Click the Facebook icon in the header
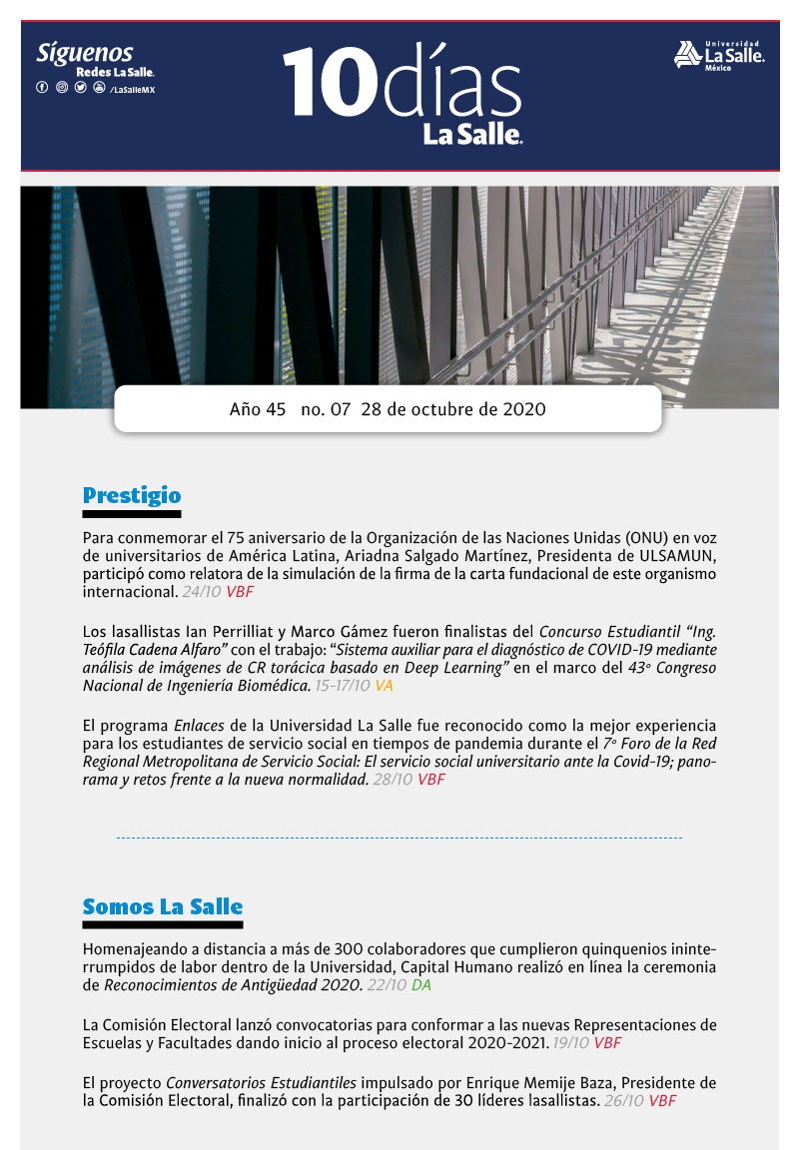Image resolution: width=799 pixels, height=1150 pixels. [42, 88]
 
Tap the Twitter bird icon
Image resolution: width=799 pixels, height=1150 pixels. [80, 88]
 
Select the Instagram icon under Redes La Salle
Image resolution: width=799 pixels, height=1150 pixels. [61, 88]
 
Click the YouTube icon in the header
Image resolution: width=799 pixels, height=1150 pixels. [99, 88]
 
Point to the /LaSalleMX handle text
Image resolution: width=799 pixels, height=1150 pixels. [132, 89]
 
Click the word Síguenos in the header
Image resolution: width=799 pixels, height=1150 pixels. [85, 54]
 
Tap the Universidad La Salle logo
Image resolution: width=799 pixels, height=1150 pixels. [719, 55]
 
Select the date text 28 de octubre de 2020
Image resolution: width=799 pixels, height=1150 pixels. [453, 409]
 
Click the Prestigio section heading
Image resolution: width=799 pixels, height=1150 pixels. [132, 494]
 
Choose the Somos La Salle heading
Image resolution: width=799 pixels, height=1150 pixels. [163, 906]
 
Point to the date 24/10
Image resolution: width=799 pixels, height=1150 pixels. [203, 592]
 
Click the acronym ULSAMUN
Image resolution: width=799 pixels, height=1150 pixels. [680, 557]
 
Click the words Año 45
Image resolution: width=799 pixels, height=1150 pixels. [258, 409]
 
